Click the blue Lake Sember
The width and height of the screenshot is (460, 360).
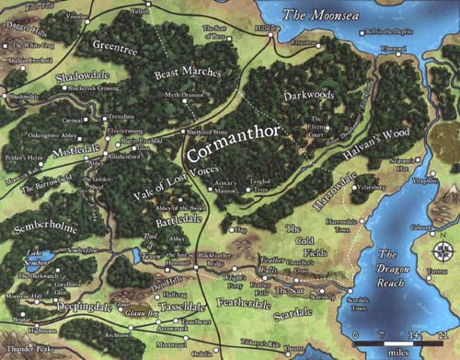click(41, 259)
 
